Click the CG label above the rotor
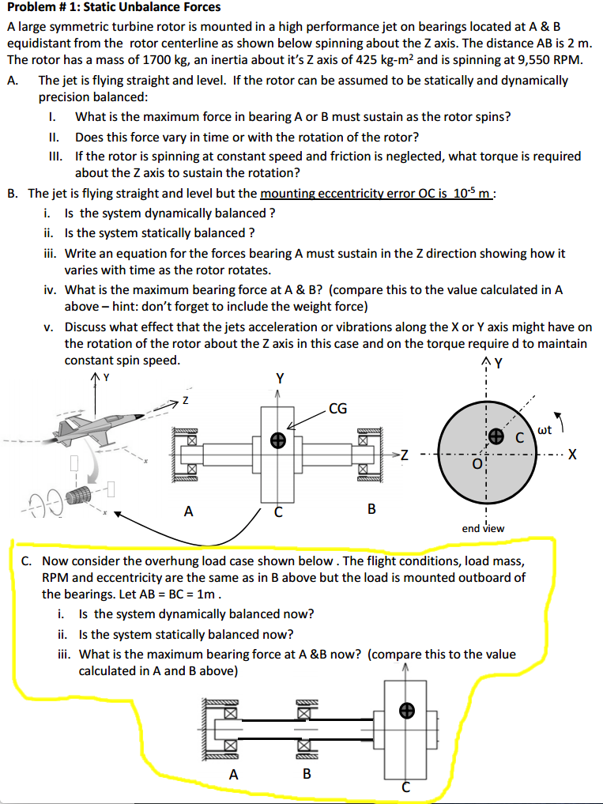pyautogui.click(x=337, y=409)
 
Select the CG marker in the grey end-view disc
pyautogui.click(x=496, y=436)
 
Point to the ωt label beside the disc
pyautogui.click(x=544, y=430)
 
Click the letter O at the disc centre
pyautogui.click(x=477, y=465)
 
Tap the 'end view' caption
pyautogui.click(x=483, y=528)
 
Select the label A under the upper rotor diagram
pyautogui.click(x=188, y=511)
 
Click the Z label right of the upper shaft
pyautogui.click(x=405, y=454)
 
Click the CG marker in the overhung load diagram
pyautogui.click(x=406, y=711)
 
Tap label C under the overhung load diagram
pyautogui.click(x=406, y=787)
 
